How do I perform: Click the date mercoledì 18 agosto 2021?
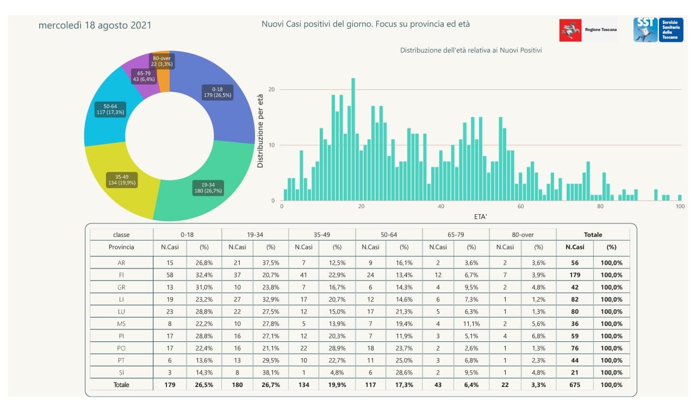point(95,26)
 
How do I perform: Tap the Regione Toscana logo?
point(589,30)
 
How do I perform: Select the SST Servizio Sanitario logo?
point(658,29)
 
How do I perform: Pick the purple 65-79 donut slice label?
point(144,76)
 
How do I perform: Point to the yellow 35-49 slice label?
point(122,179)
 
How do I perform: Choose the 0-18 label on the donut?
point(217,92)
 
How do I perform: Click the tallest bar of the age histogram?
point(353,139)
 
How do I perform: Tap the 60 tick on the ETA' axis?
point(520,207)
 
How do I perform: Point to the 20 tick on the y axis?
point(272,90)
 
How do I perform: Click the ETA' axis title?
point(481,217)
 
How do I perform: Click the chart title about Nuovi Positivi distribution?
point(471,50)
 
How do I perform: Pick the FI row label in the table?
point(121,274)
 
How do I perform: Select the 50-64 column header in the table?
point(389,235)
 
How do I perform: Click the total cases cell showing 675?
point(575,385)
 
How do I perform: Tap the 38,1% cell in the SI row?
point(270,372)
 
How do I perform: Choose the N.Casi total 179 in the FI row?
point(575,274)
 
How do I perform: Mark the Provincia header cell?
point(121,247)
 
